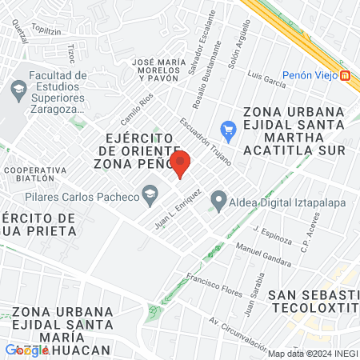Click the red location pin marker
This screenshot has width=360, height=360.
click(x=181, y=164)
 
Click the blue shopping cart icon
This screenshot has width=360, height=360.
click(x=228, y=129)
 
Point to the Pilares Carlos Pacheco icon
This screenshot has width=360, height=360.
click(x=149, y=192)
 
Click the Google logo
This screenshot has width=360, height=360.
click(x=27, y=349)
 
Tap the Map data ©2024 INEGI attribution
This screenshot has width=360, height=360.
click(x=310, y=354)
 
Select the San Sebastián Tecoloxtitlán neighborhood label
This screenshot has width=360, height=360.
click(x=313, y=300)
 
